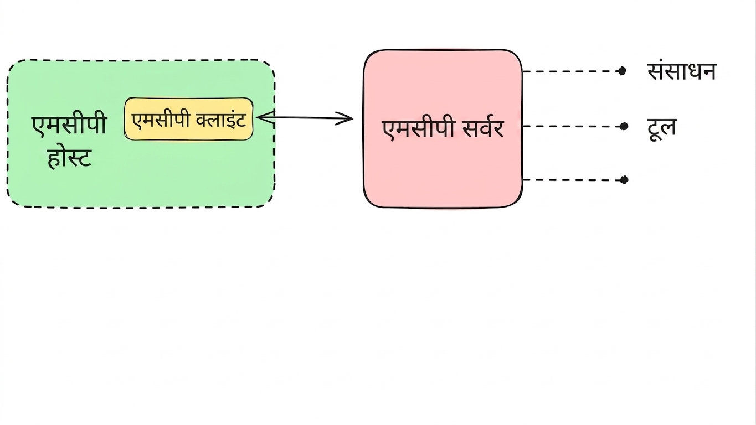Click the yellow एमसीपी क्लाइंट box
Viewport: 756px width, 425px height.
point(189,119)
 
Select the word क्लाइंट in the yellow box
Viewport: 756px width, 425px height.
point(221,119)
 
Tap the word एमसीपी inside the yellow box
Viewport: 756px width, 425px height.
point(161,120)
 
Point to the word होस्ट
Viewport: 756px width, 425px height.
point(70,157)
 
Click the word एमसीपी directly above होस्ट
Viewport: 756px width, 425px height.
point(70,124)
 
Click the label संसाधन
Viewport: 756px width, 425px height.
point(682,71)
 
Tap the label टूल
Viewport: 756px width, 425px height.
point(662,128)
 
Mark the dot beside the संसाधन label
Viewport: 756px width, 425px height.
point(622,71)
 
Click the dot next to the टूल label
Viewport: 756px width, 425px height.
point(624,126)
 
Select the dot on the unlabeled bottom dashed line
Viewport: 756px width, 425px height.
point(624,179)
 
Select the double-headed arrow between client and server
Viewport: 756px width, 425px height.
point(305,118)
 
